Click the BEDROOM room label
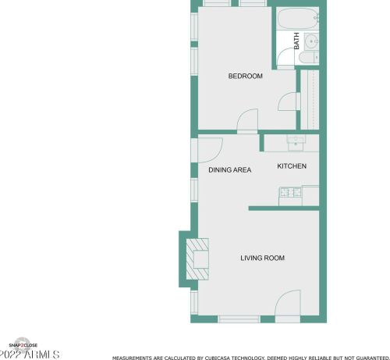tap(245, 76)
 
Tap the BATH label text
tap(296, 41)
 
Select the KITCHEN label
tap(292, 166)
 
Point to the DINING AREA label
tap(229, 169)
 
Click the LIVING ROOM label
tap(262, 258)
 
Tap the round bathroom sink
tap(310, 41)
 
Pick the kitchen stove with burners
tap(290, 192)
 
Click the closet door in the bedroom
tap(288, 102)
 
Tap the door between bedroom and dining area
tap(247, 121)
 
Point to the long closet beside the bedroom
tap(310, 100)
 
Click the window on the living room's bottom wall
tap(239, 319)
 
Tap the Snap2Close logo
tap(23, 345)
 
